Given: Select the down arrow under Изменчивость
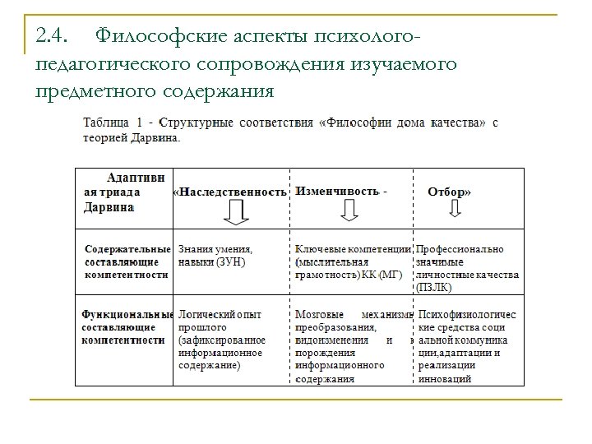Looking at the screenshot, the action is (x=349, y=211).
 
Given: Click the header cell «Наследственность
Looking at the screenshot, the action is (x=231, y=192).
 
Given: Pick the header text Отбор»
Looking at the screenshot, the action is (x=450, y=192).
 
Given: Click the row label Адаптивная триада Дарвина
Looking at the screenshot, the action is (x=123, y=192).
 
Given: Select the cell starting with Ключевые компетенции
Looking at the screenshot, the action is (x=353, y=261).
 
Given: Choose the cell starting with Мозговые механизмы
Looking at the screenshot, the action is (x=353, y=346).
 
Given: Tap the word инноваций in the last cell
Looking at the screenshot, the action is (x=445, y=379).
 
